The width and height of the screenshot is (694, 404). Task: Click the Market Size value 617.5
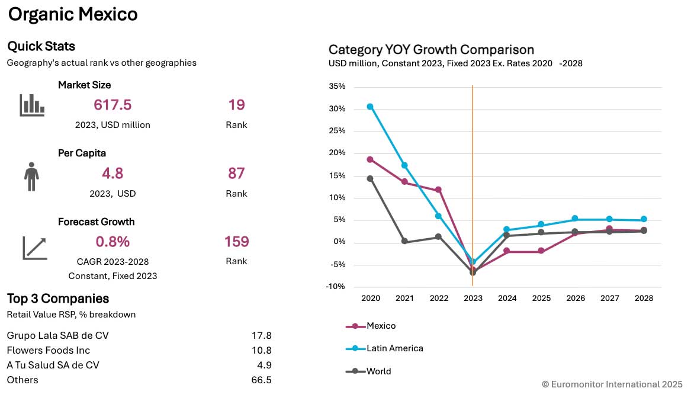tap(113, 105)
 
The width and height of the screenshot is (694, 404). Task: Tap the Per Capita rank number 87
tap(236, 174)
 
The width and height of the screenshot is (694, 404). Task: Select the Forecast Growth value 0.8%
tap(113, 242)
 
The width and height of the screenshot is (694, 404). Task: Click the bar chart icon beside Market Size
tap(32, 105)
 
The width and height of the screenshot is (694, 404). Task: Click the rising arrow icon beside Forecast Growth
tap(34, 248)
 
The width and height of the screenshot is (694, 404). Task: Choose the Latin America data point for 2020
tap(370, 107)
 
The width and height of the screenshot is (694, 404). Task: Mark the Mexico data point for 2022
tap(439, 190)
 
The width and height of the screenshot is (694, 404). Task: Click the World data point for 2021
tap(404, 241)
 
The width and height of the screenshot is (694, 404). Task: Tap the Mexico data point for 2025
tap(541, 251)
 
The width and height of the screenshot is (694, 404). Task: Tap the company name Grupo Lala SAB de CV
tap(58, 335)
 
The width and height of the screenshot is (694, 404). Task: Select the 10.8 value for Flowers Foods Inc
tap(261, 350)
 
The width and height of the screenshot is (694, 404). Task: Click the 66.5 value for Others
tap(261, 380)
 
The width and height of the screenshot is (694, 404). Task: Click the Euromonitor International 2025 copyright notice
tap(612, 384)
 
